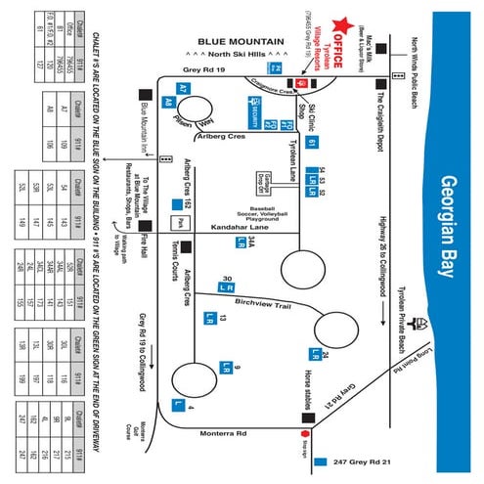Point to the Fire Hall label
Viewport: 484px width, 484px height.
click(145, 240)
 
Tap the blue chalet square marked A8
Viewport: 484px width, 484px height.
click(168, 100)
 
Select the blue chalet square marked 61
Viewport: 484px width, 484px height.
click(311, 144)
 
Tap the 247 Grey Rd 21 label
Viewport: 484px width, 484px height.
click(364, 460)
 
